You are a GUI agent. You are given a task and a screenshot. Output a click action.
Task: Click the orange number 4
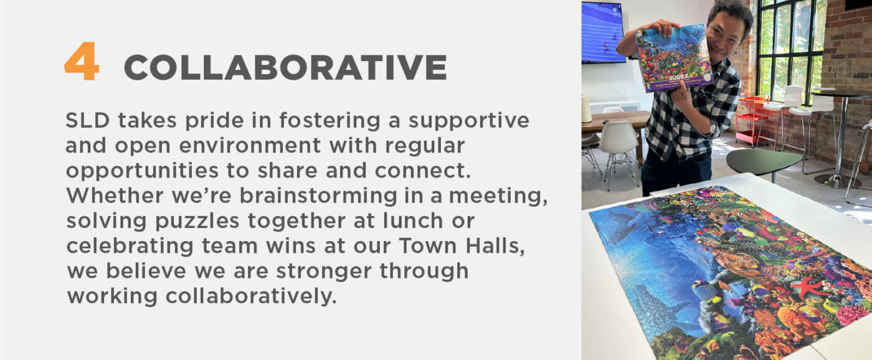(x=82, y=61)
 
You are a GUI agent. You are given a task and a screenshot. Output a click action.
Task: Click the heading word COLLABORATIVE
(x=285, y=67)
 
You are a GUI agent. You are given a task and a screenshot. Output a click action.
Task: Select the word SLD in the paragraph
(x=88, y=120)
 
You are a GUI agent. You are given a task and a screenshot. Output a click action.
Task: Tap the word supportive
(x=468, y=121)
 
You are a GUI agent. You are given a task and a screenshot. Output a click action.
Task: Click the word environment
(x=250, y=146)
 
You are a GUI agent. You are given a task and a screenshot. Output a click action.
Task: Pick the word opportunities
(x=142, y=171)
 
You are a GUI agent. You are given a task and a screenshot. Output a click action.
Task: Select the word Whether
(x=115, y=196)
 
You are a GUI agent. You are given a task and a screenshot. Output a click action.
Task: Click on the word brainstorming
(x=318, y=196)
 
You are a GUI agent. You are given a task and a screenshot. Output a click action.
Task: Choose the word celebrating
(x=130, y=247)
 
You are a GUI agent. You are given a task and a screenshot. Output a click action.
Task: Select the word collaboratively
(x=251, y=296)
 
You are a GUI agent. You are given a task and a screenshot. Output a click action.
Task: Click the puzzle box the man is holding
(x=674, y=58)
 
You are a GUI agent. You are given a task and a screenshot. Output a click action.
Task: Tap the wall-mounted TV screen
(x=603, y=31)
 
